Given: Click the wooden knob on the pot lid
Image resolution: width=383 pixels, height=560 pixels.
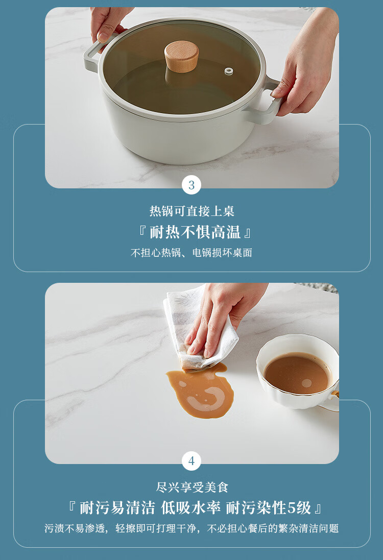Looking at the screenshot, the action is (x=181, y=56).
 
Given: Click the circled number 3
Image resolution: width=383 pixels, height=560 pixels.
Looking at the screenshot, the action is (x=192, y=185).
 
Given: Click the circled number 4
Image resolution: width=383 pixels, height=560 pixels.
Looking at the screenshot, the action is (x=192, y=461).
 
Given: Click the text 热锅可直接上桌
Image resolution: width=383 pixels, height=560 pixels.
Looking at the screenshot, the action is (x=192, y=211).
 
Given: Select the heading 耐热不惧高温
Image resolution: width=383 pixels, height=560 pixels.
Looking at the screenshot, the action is (x=195, y=232).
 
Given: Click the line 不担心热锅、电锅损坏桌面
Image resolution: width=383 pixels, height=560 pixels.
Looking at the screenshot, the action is (x=192, y=253).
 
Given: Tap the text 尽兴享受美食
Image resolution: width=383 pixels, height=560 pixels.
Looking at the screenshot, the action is (x=192, y=487).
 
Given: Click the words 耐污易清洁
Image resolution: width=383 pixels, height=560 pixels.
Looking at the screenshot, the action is (x=117, y=507).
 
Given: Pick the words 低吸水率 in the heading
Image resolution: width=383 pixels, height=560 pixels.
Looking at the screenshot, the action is (x=190, y=507).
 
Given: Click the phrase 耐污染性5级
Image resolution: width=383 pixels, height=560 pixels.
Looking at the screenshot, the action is (x=269, y=507).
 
